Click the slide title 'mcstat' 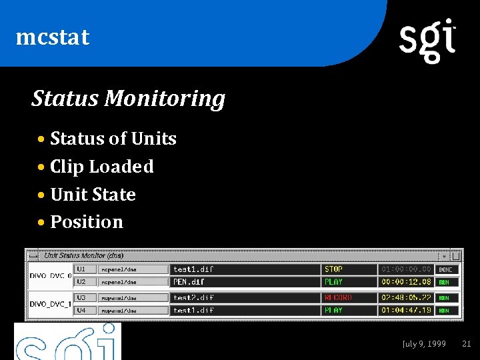[52, 37]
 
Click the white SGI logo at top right [427, 40]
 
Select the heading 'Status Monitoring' [128, 99]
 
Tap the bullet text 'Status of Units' [113, 139]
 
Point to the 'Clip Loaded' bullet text [101, 167]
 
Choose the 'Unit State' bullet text [93, 195]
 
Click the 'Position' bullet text [87, 222]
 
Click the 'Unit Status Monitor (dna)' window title [84, 255]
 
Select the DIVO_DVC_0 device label [51, 275]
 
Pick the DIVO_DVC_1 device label [51, 304]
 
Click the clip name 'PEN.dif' [189, 282]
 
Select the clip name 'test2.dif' [193, 297]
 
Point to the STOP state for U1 [333, 269]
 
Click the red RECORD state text [338, 297]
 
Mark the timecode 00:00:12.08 [406, 282]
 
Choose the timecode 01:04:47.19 [406, 310]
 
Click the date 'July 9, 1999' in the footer [424, 344]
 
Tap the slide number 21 [466, 344]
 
